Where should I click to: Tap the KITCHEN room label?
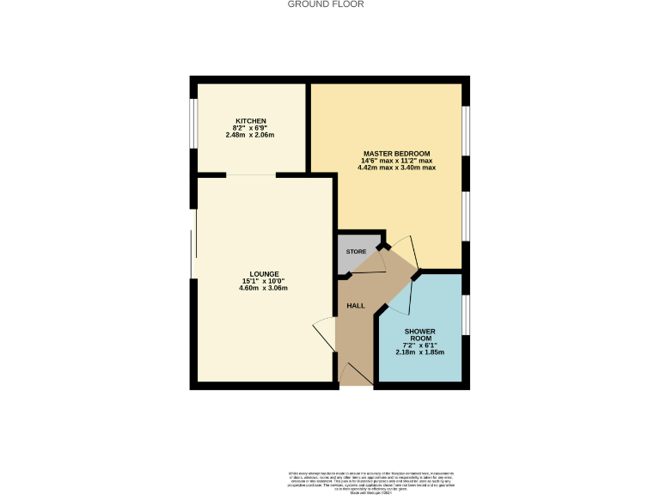pyautogui.click(x=251, y=120)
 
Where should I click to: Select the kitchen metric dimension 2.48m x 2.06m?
pyautogui.click(x=251, y=135)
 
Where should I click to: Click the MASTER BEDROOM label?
pyautogui.click(x=397, y=153)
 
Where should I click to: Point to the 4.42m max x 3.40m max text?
pyautogui.click(x=397, y=168)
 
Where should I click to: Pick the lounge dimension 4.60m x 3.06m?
pyautogui.click(x=263, y=288)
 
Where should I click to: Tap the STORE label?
pyautogui.click(x=356, y=252)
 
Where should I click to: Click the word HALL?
pyautogui.click(x=355, y=306)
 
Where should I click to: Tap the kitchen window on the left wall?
pyautogui.click(x=193, y=129)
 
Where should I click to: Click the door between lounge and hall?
pyautogui.click(x=326, y=333)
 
